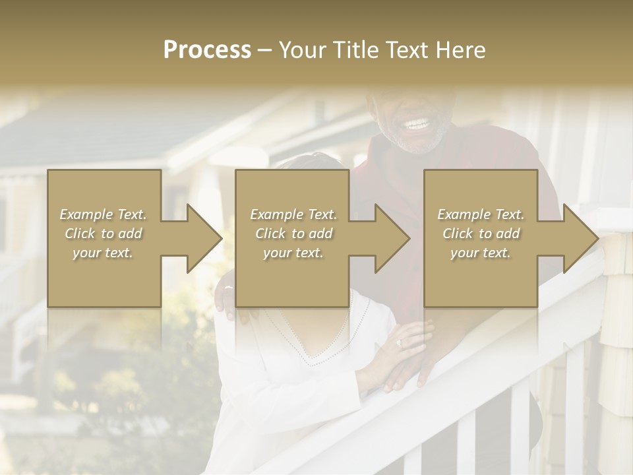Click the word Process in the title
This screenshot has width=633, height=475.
[207, 50]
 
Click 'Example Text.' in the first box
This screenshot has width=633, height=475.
[103, 214]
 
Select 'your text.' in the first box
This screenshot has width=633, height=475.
[103, 253]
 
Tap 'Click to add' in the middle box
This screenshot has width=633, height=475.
[293, 234]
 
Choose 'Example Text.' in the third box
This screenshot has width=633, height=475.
[481, 214]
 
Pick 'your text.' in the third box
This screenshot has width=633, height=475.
[481, 253]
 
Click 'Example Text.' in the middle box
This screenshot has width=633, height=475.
[293, 214]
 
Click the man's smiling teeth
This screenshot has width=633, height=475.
[417, 124]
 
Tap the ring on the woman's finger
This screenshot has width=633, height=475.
[398, 344]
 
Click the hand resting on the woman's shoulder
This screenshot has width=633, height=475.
[227, 300]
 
